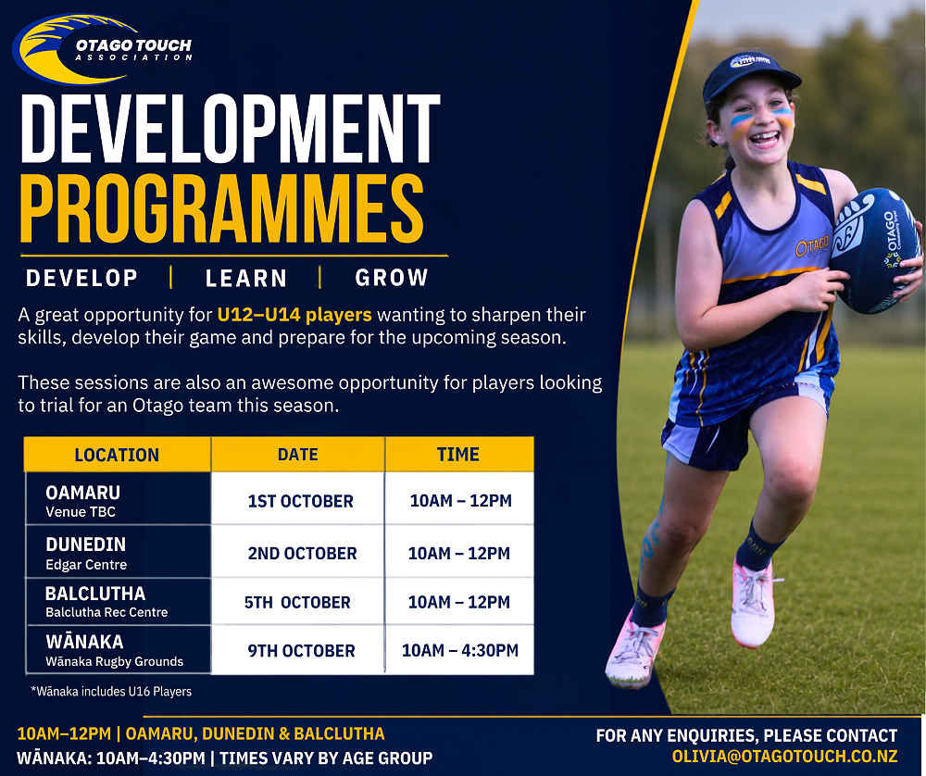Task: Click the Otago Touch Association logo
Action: pos(102,48)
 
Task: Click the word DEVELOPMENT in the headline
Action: pos(231,128)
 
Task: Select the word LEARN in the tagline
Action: pos(245,278)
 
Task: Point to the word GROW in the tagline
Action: pos(392,278)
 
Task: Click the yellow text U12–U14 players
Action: pos(294,315)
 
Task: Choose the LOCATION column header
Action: pos(117,454)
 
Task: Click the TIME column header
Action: pos(459,454)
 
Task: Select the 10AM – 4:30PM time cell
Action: pos(459,650)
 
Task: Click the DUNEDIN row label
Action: pos(85,544)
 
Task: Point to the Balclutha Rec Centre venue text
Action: pos(106,612)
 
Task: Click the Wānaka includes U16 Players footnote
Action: pos(111,691)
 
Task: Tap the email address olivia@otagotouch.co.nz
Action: pos(785,756)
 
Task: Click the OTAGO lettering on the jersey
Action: pos(812,247)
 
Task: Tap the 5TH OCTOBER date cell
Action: pos(298,602)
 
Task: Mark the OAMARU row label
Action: pos(82,493)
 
